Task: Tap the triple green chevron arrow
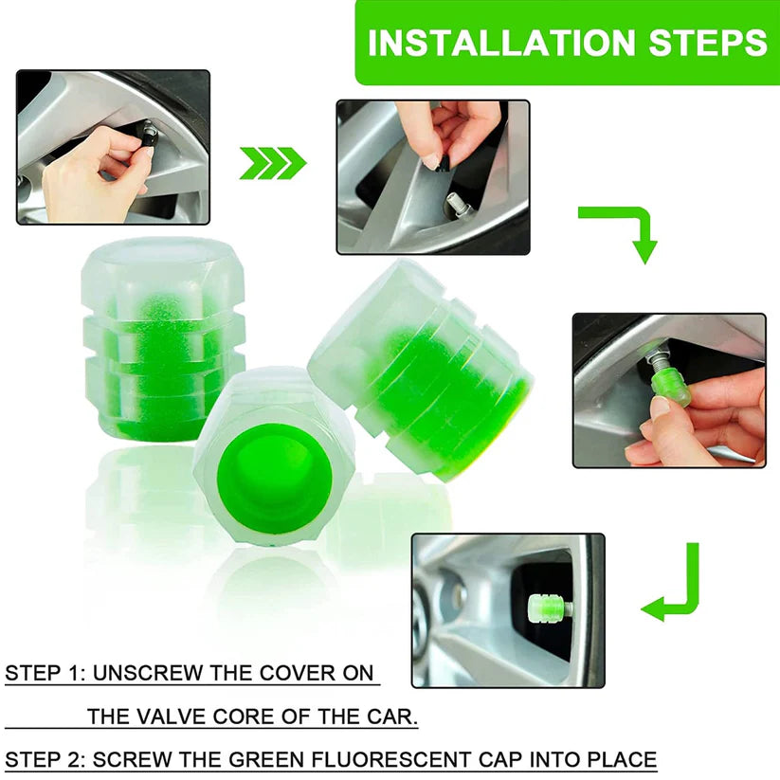[x=272, y=163]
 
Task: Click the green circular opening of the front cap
[x=272, y=481]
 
